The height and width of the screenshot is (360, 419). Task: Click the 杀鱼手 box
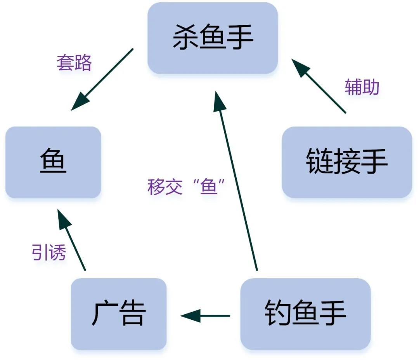point(213,38)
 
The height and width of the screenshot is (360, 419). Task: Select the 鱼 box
point(53,162)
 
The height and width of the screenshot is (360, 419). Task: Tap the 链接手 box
point(346,162)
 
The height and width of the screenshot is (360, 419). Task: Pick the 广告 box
point(119,313)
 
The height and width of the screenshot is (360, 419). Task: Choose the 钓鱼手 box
point(305,313)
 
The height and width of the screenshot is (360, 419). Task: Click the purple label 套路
point(74,63)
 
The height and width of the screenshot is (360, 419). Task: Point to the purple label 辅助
point(362,88)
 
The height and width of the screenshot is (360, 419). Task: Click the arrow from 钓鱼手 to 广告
point(206,316)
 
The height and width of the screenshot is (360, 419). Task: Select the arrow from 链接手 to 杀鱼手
point(319,86)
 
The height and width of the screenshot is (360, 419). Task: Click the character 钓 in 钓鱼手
point(278,313)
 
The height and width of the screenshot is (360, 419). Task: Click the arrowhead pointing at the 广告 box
point(190,316)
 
